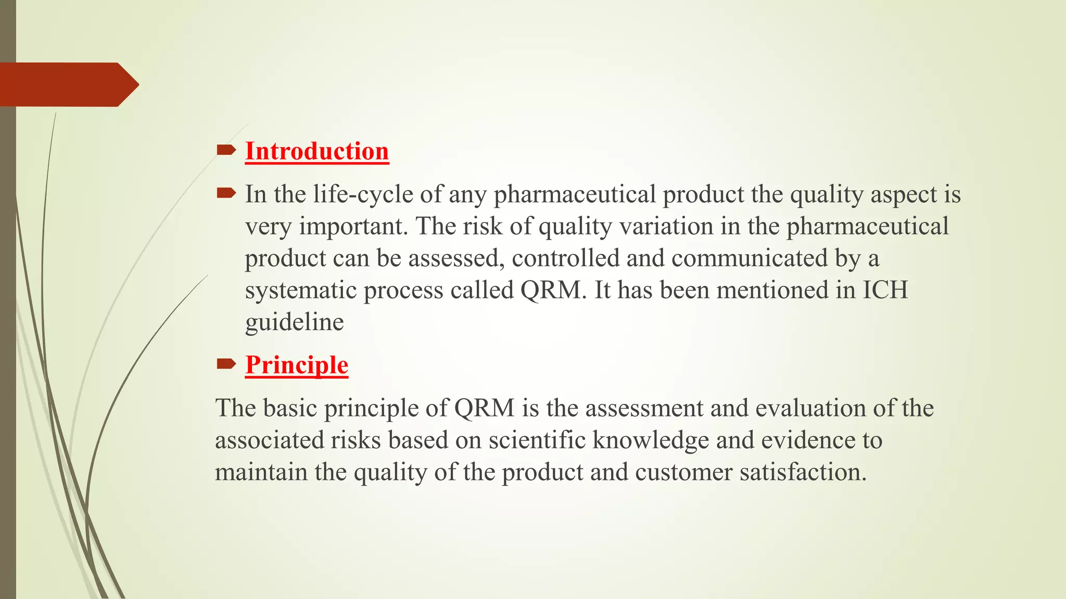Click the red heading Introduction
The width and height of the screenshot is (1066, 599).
click(x=317, y=151)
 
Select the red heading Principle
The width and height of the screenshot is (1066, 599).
click(x=297, y=365)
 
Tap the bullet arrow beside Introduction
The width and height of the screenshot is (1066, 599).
click(x=226, y=151)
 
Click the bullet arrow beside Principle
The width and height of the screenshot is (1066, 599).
click(x=226, y=364)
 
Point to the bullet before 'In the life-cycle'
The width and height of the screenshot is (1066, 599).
click(x=226, y=194)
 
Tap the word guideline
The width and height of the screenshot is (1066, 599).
click(x=294, y=322)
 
